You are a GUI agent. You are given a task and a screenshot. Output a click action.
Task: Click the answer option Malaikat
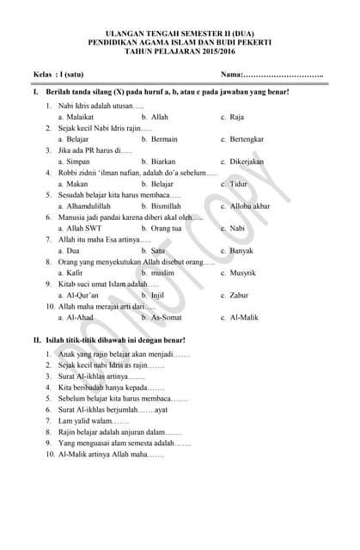80,116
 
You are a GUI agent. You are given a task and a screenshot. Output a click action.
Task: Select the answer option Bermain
163,138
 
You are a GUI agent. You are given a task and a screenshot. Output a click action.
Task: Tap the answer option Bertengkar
248,138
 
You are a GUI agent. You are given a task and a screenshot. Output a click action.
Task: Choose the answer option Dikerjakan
247,161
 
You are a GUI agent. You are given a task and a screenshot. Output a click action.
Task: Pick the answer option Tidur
238,183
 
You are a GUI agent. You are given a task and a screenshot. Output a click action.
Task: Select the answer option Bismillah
166,206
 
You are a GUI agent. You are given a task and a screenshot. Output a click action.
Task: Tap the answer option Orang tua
166,229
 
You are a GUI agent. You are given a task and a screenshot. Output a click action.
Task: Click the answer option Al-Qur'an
82,296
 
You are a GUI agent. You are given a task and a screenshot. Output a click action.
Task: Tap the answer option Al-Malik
244,318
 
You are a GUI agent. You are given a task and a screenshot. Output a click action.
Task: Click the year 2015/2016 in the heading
214,51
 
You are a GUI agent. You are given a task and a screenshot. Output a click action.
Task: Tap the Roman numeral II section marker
36,340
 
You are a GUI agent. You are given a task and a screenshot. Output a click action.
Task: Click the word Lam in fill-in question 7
64,421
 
